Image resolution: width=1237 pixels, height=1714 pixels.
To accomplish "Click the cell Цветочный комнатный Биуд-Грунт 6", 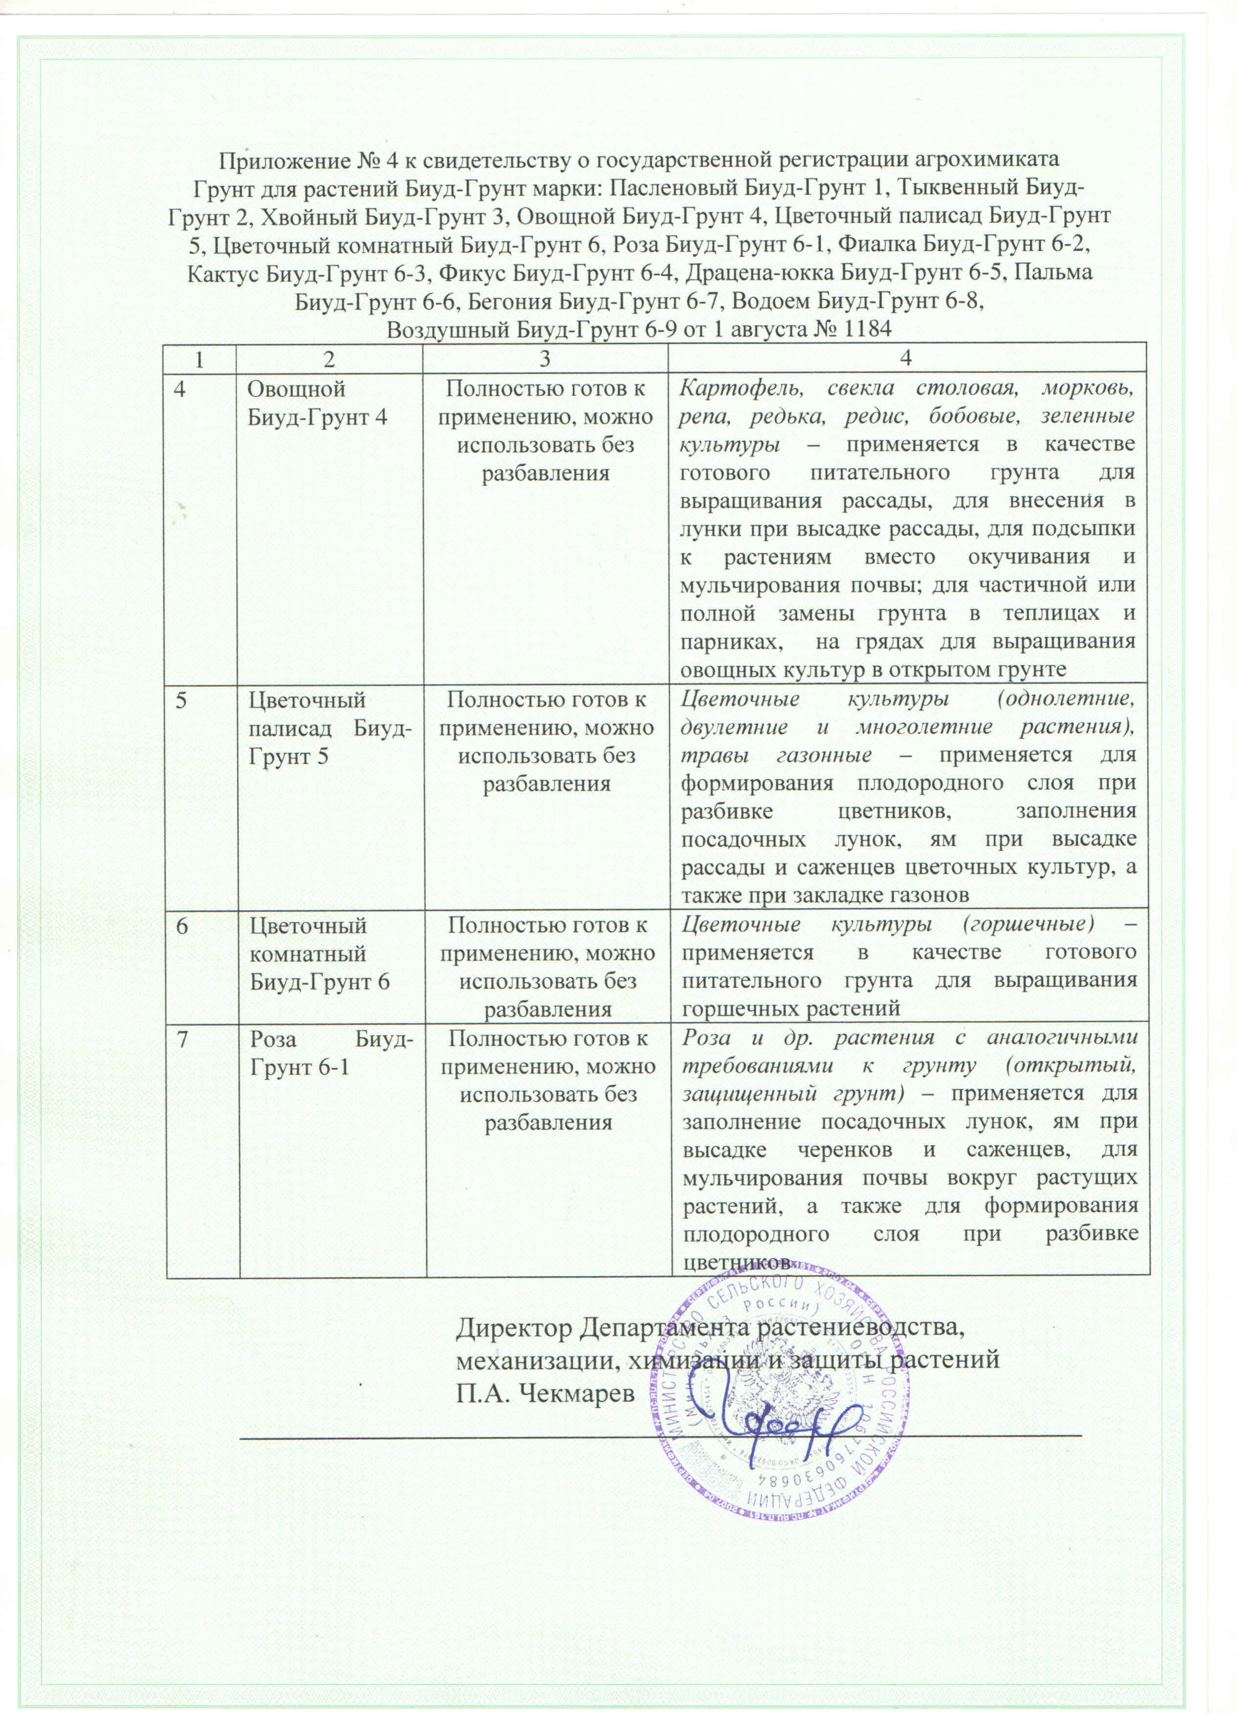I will click(x=319, y=953).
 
